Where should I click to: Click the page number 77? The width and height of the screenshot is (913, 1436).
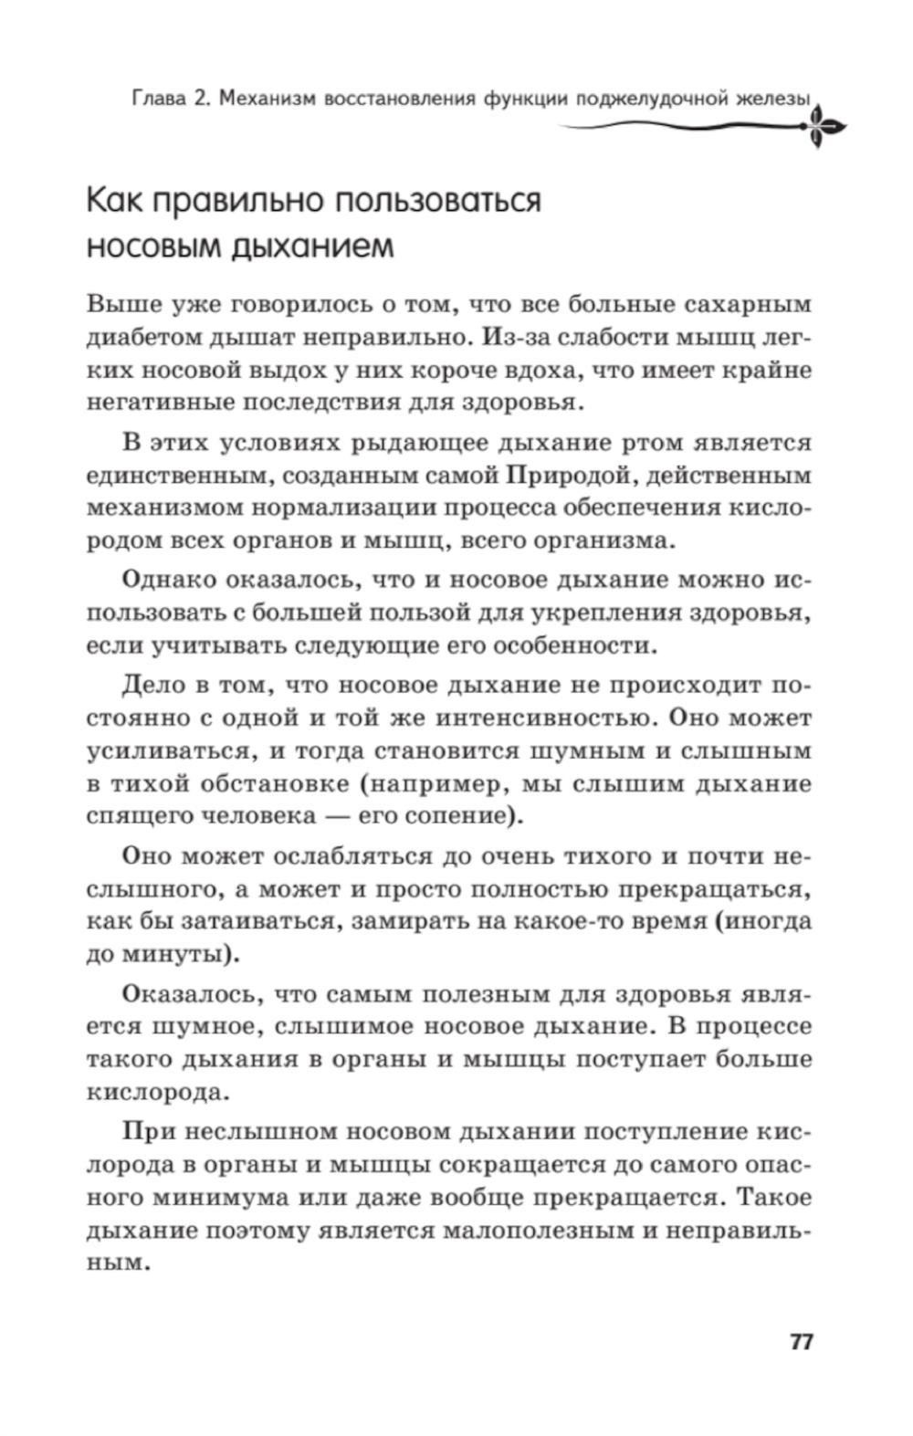click(800, 1343)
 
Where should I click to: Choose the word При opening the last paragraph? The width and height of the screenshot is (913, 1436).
click(147, 1132)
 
